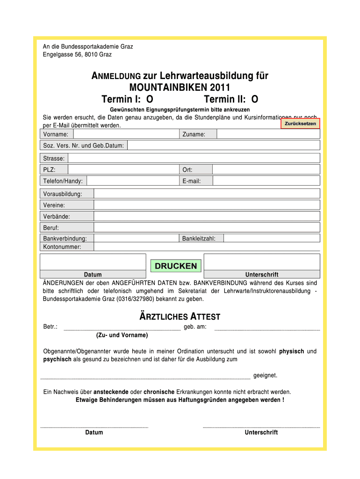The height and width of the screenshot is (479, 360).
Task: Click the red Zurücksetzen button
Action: tap(300, 123)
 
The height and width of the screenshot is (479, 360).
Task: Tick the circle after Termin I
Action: tap(150, 99)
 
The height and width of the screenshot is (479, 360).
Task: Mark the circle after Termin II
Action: tap(254, 99)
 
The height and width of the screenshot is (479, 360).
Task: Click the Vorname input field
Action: tap(124, 134)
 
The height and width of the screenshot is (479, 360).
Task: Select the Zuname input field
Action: tap(268, 134)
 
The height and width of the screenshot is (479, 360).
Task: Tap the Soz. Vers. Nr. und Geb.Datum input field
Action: tap(223, 145)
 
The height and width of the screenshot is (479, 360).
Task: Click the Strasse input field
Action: tap(194, 158)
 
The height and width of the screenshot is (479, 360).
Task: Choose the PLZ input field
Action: tap(123, 169)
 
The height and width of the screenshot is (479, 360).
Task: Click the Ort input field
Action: tap(266, 169)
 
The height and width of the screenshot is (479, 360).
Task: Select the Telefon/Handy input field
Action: tap(133, 181)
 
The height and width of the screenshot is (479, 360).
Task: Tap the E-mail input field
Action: tap(266, 181)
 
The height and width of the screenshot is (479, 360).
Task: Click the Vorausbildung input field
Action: tap(207, 194)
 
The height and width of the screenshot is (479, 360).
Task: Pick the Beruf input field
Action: tap(207, 227)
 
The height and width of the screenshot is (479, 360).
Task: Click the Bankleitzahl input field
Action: tap(272, 239)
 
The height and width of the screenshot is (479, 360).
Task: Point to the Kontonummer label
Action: tap(62, 247)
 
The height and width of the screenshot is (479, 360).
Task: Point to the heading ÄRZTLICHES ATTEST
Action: tap(180, 317)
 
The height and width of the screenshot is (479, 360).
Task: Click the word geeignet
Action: tap(265, 376)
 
